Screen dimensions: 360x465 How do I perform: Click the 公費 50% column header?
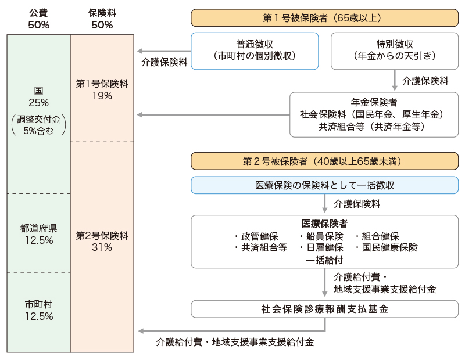coord(38,19)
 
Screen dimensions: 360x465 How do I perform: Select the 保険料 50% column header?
coord(102,19)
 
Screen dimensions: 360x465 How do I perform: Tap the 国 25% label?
coord(38,97)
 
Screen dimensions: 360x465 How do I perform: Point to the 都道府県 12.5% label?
coord(38,233)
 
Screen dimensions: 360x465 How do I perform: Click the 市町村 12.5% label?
coord(38,310)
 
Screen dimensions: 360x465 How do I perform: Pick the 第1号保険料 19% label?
coord(102,89)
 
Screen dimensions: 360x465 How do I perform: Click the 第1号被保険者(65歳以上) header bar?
coord(324,18)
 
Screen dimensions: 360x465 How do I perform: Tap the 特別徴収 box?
coord(394,51)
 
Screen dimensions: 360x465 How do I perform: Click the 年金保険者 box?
coord(374,114)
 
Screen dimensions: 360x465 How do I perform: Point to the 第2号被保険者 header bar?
coord(324,160)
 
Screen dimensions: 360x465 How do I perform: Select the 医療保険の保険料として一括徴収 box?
coord(324,185)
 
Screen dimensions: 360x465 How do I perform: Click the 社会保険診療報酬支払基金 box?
coord(324,309)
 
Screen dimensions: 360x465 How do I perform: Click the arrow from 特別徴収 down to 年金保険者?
coord(395,80)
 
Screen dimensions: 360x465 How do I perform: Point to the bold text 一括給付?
coord(324,260)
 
